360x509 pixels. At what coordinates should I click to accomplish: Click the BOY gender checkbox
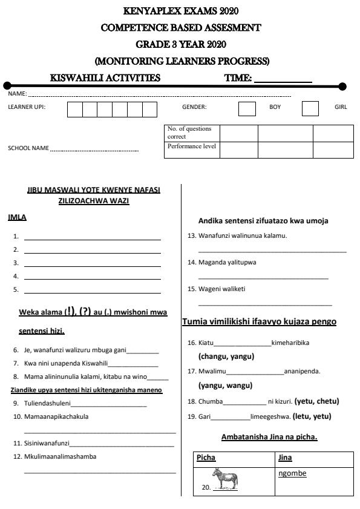click(247, 109)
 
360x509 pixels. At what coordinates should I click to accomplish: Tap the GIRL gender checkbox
click(310, 109)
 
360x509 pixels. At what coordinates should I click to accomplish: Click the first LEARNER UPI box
click(74, 110)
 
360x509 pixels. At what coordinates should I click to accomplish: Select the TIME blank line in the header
click(283, 79)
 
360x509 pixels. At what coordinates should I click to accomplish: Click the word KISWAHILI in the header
click(74, 77)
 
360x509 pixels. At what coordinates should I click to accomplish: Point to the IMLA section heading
click(17, 217)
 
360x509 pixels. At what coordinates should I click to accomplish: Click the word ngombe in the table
click(292, 473)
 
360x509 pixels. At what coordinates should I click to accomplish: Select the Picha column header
click(206, 458)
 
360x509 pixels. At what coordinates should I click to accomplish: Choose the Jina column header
click(285, 458)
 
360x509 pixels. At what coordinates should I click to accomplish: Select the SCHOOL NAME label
click(28, 148)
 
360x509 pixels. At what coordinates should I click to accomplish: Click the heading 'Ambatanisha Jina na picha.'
click(269, 436)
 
